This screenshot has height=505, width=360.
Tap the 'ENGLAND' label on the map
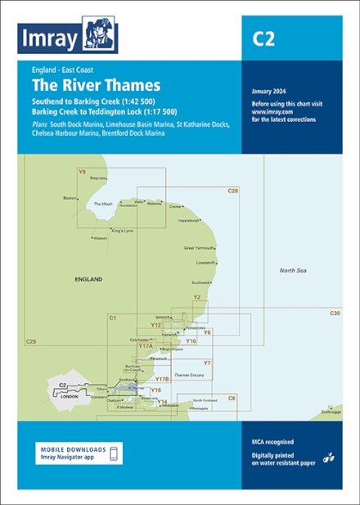click(88, 279)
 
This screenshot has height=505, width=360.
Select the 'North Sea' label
click(291, 270)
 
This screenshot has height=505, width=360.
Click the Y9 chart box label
click(82, 171)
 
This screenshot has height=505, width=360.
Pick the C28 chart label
click(233, 190)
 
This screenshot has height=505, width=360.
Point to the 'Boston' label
click(70, 198)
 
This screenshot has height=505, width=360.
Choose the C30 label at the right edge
click(334, 313)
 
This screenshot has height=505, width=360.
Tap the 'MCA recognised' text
click(272, 442)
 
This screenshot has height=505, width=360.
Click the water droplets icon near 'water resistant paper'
click(329, 458)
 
